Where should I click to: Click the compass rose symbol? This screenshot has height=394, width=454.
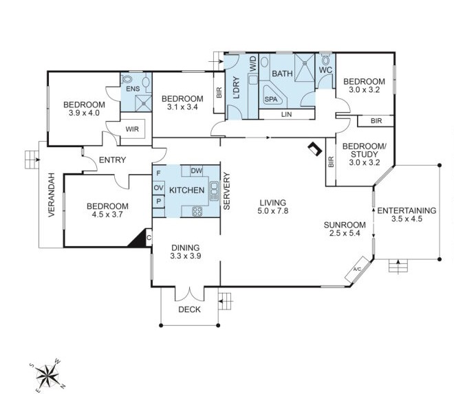click(x=47, y=375)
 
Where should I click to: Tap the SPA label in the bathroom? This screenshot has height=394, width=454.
click(x=271, y=99)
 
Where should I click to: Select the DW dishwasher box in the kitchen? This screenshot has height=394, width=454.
click(x=197, y=171)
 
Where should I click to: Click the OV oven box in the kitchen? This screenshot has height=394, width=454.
click(x=158, y=188)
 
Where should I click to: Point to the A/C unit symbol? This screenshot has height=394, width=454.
click(x=358, y=270)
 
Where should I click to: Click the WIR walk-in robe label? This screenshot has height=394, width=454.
click(x=132, y=129)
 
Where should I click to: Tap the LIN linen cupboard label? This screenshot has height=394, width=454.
click(x=286, y=114)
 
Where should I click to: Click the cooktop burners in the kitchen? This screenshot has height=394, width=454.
click(x=197, y=211)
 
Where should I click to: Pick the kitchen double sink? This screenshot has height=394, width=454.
click(x=214, y=190)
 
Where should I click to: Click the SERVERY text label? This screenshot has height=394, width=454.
click(x=227, y=190)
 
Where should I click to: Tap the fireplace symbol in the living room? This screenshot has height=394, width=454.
click(x=315, y=149)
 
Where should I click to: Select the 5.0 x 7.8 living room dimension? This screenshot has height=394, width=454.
click(x=273, y=210)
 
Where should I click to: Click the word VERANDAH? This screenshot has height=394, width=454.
click(x=52, y=195)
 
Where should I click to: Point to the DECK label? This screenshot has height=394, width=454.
click(x=189, y=309)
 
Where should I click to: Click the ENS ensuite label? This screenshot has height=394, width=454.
click(x=133, y=89)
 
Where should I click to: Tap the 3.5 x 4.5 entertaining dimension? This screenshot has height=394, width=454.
click(x=407, y=219)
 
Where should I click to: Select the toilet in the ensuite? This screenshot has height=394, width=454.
click(x=127, y=79)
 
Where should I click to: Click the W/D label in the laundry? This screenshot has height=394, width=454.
click(x=252, y=64)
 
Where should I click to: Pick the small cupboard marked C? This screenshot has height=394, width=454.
click(x=149, y=238)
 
